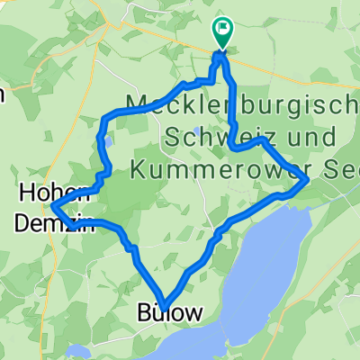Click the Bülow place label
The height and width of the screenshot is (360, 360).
click(169, 312)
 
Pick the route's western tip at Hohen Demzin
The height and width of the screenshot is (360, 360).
click(54, 208)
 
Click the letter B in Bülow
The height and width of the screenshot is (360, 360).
click(145, 312)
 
